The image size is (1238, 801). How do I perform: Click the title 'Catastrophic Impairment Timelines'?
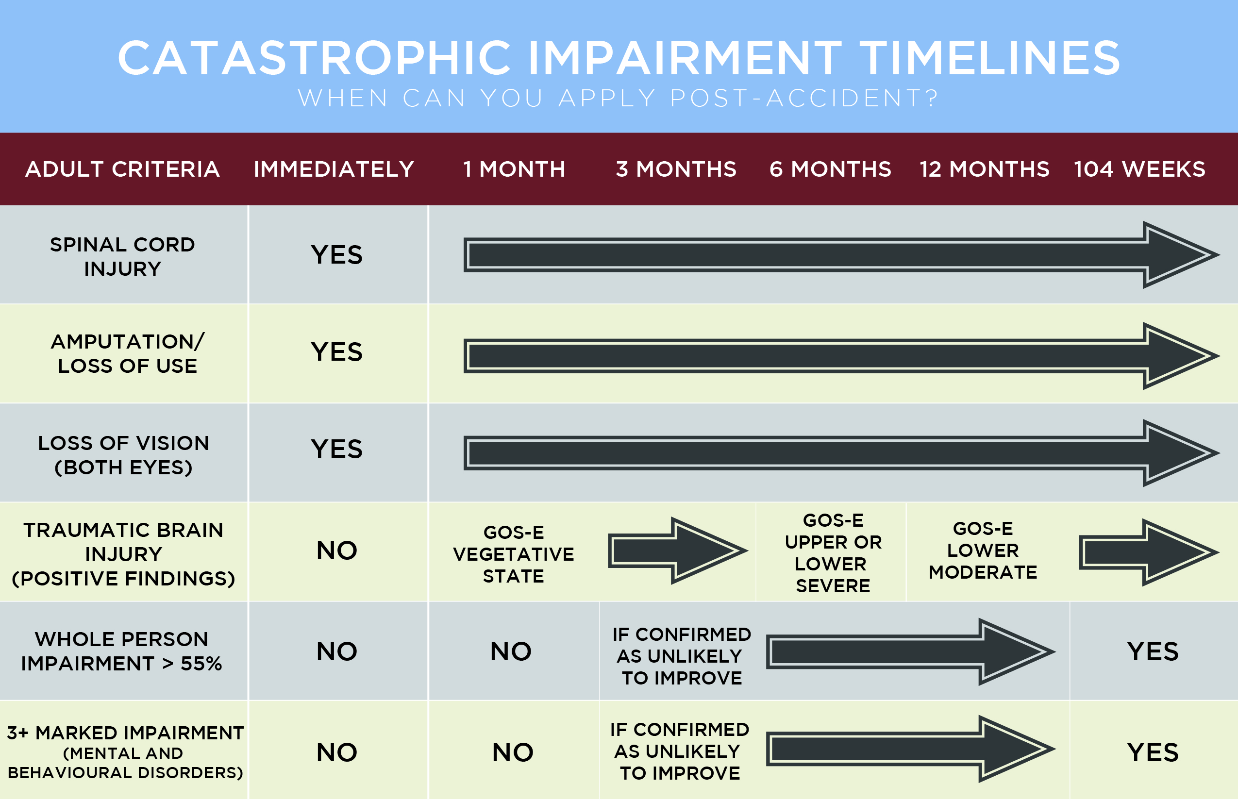(x=619, y=58)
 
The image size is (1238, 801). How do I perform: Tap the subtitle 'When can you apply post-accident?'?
(x=619, y=98)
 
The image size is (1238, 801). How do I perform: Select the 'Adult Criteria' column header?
(x=123, y=169)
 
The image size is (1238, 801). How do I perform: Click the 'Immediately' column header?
(x=334, y=169)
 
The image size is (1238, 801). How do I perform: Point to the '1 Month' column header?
(x=514, y=169)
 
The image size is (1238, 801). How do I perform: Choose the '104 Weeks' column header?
(x=1140, y=169)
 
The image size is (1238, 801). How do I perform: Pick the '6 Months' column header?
(x=830, y=169)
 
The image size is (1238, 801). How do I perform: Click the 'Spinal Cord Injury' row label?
(x=123, y=256)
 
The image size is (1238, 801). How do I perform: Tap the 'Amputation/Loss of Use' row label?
(x=127, y=354)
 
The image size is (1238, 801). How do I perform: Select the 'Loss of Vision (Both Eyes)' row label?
(x=123, y=455)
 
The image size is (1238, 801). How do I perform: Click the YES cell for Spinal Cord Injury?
(x=336, y=255)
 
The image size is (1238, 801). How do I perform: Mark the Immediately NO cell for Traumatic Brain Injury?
(x=336, y=551)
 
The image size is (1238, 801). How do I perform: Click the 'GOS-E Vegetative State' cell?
(x=514, y=554)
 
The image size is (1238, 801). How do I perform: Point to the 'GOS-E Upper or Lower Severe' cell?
(x=833, y=553)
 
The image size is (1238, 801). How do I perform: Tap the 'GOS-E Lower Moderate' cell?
(x=983, y=551)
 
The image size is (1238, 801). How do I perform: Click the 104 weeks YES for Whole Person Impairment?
(x=1153, y=651)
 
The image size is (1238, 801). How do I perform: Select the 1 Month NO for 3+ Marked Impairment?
(x=513, y=752)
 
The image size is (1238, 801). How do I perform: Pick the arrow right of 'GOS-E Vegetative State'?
(x=678, y=551)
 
